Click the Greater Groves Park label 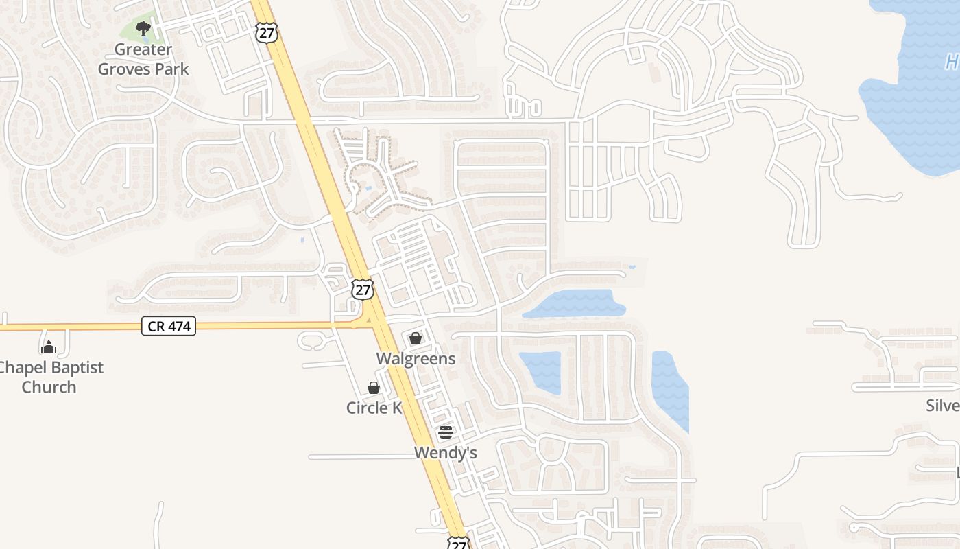(143, 59)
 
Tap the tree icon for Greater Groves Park (143, 29)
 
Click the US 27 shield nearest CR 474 (363, 289)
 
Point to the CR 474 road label (169, 326)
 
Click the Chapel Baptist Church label (49, 377)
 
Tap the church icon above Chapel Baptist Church (48, 347)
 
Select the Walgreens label (416, 359)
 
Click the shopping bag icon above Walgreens (416, 338)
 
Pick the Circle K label (374, 408)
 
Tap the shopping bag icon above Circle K (374, 388)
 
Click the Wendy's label (445, 453)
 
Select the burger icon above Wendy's (446, 432)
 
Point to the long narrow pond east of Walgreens (575, 303)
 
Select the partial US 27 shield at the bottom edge (458, 544)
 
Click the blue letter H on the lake (952, 62)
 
